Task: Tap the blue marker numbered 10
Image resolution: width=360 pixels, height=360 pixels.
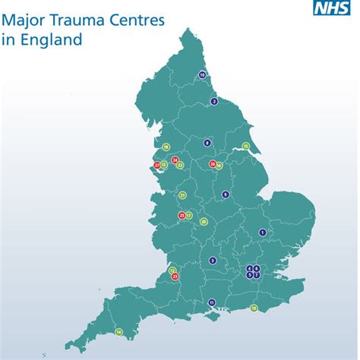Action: point(202,74)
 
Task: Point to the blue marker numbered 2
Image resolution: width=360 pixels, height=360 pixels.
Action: point(214,101)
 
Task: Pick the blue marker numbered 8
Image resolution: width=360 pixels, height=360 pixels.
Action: point(207,142)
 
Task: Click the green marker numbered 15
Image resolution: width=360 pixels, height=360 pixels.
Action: point(245,146)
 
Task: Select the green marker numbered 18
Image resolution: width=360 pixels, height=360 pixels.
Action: point(166,147)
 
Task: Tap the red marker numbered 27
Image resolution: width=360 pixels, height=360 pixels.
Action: point(157,165)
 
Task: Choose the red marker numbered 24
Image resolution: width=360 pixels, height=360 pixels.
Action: point(175,160)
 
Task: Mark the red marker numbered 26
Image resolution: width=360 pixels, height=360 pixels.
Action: point(212,164)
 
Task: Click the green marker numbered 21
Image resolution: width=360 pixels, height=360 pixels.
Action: point(183,195)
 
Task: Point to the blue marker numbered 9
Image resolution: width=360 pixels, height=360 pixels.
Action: point(225,195)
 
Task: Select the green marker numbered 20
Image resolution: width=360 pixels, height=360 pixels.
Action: point(204,221)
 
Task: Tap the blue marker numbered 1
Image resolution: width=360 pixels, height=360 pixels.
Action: point(262,232)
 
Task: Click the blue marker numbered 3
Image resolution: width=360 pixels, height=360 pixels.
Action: point(213,261)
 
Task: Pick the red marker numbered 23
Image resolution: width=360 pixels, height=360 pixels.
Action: point(175,276)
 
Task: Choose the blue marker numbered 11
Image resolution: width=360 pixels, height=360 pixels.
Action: point(212,303)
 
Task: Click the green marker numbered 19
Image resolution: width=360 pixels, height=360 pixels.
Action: point(254,308)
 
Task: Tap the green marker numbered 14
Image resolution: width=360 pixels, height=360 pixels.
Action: point(118,332)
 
